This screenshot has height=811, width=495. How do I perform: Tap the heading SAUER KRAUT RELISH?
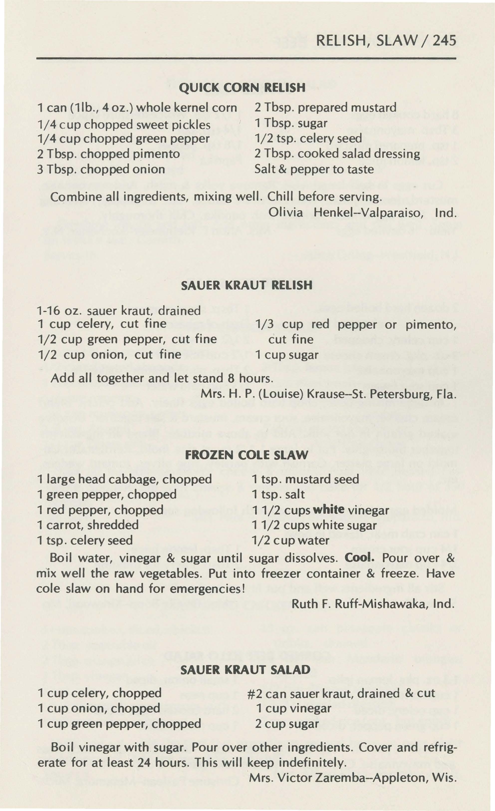(x=247, y=285)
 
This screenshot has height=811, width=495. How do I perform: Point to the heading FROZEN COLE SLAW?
(x=247, y=455)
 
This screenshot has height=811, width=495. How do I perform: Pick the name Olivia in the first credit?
(x=285, y=213)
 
